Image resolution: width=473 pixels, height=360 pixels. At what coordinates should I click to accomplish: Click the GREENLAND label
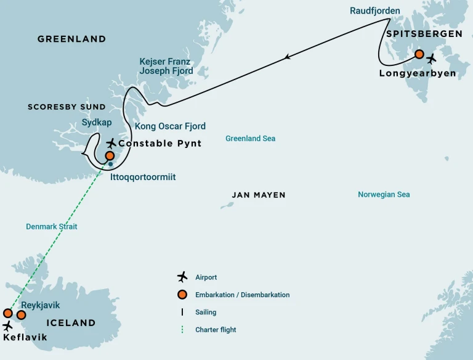(x=71, y=39)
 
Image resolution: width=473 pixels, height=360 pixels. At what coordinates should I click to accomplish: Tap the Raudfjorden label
(x=374, y=10)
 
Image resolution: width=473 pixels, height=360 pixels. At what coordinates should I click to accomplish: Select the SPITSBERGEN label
(x=424, y=34)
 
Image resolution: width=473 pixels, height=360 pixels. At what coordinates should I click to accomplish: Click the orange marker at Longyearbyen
(x=419, y=54)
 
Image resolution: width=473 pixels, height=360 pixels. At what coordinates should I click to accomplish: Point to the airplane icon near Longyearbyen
(x=431, y=59)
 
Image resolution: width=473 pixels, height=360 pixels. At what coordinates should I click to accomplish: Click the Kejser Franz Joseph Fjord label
(x=166, y=66)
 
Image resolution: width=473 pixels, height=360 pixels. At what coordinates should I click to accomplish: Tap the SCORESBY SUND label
(x=67, y=107)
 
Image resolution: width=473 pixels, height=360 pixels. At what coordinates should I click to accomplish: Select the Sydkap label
(x=97, y=123)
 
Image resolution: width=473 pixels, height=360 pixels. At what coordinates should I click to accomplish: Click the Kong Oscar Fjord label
(x=170, y=126)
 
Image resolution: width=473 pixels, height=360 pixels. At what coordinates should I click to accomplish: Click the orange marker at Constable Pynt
(x=110, y=156)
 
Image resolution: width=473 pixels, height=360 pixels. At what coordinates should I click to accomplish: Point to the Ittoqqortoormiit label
(x=143, y=177)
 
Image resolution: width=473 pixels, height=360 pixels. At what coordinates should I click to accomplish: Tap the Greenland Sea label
(x=250, y=139)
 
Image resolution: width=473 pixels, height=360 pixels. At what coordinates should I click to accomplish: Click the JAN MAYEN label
(x=259, y=195)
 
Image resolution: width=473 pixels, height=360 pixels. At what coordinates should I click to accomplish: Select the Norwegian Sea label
(x=384, y=195)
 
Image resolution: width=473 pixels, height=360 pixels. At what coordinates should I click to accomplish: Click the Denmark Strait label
(x=51, y=227)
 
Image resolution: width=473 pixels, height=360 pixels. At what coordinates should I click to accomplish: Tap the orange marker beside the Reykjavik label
(x=21, y=315)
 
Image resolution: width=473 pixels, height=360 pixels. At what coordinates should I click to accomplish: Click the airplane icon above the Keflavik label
(x=8, y=325)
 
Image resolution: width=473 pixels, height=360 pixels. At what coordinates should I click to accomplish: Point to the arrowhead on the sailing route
(x=288, y=58)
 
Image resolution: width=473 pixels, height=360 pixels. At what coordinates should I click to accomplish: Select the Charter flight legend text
(x=216, y=330)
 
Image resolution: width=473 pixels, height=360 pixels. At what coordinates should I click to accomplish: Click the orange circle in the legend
(x=182, y=295)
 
